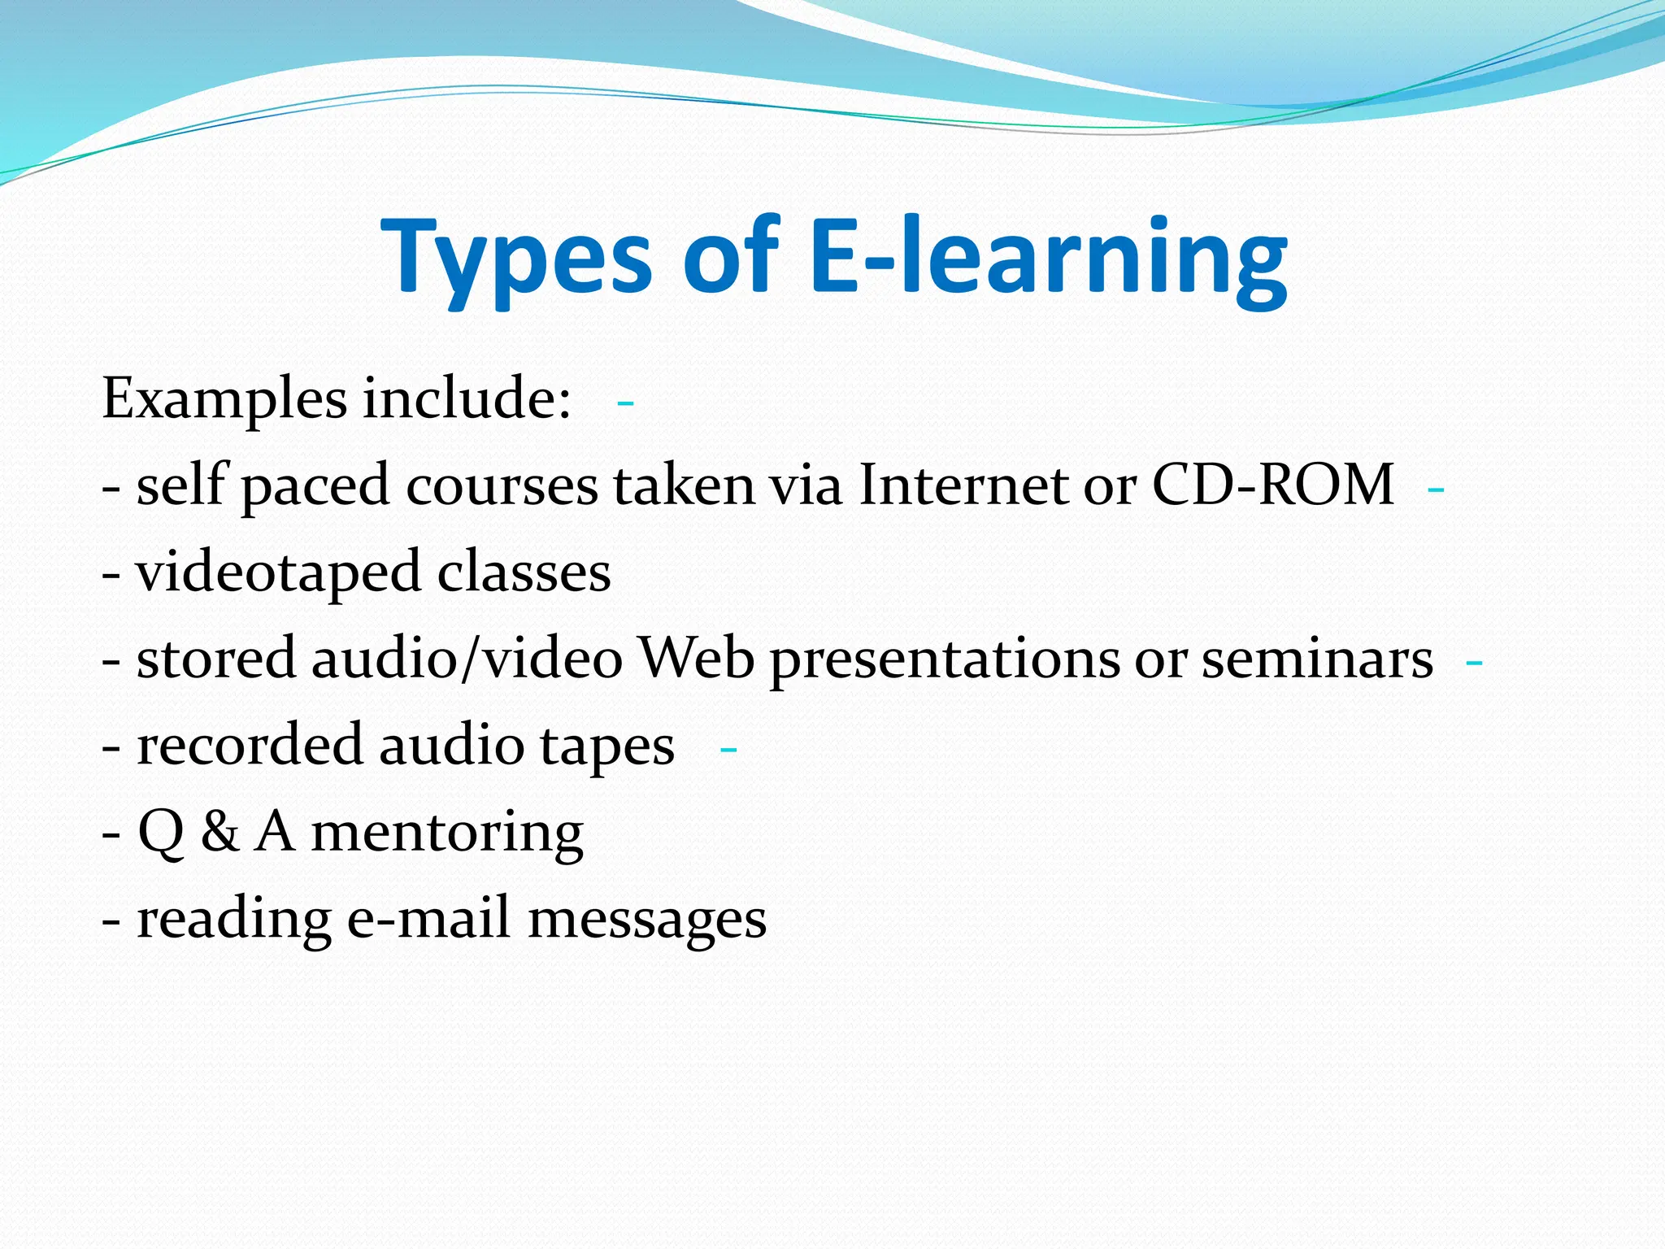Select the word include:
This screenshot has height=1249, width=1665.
(x=467, y=398)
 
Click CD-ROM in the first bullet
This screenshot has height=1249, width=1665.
(x=1272, y=485)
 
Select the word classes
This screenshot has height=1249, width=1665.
(x=524, y=572)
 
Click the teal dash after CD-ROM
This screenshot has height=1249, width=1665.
(x=1436, y=490)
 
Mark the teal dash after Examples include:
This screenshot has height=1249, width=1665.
(x=625, y=403)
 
